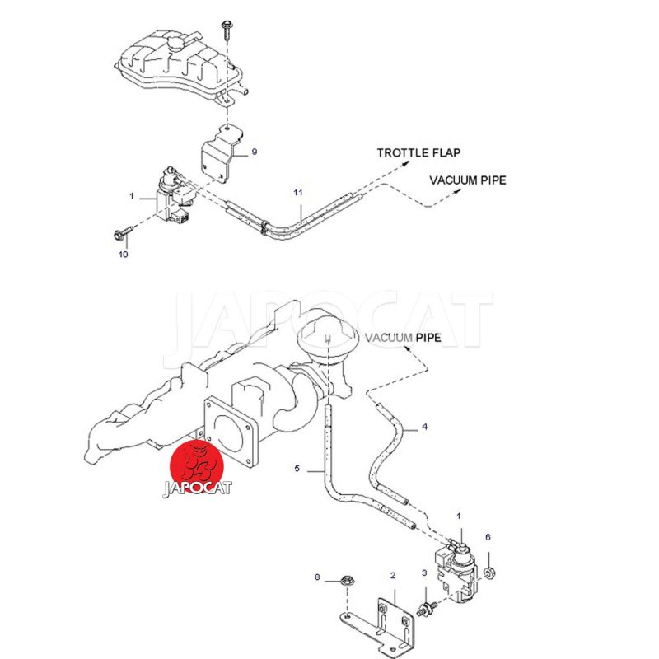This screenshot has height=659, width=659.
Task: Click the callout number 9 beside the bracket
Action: pos(255,152)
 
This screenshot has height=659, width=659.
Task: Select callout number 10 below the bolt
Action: pos(124,255)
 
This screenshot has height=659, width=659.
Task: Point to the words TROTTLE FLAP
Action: pos(418,152)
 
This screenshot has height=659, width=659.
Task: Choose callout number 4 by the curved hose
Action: pos(424,427)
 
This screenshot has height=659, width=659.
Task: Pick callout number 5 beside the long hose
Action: pos(297,469)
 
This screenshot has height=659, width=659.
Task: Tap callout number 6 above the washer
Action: pos(488,537)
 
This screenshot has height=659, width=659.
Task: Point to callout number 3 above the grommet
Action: pos(424,573)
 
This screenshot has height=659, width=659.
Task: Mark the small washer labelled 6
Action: pos(488,571)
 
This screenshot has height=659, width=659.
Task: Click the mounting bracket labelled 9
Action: pos(220,152)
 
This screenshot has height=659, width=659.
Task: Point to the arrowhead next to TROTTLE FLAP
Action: pos(407,165)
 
